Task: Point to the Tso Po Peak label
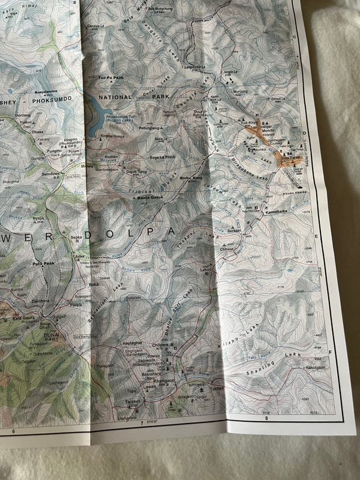point(111,78)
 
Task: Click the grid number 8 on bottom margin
point(266,427)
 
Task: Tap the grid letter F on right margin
point(331,353)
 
